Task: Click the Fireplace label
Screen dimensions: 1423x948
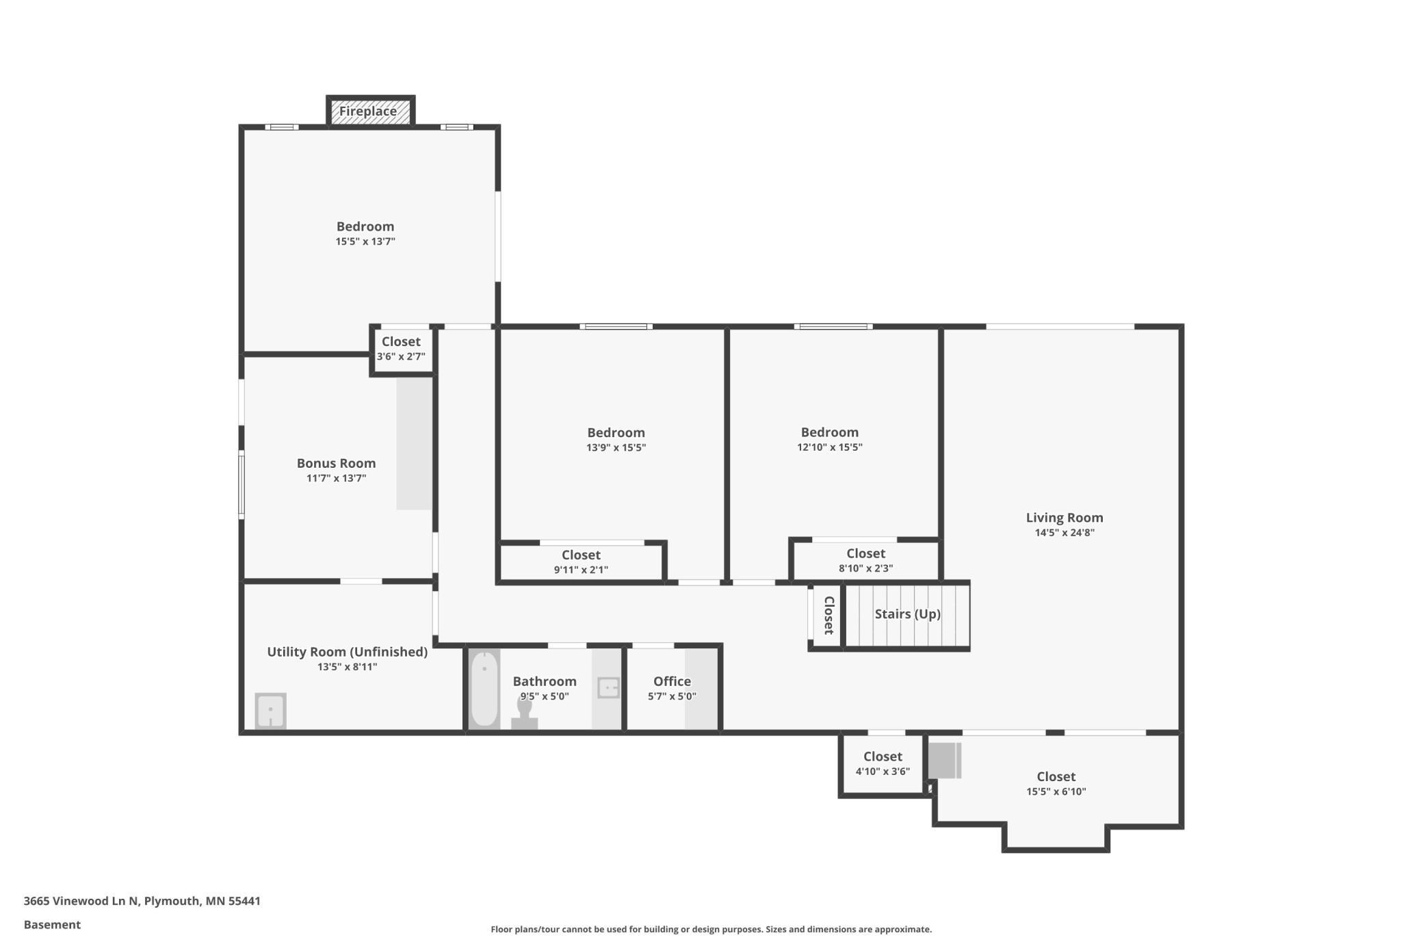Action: pos(368,111)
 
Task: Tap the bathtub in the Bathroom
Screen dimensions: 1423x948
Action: pos(484,689)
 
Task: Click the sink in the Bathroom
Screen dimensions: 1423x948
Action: pos(608,687)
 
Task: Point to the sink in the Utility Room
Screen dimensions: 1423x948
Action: pos(270,711)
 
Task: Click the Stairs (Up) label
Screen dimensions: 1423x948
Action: pos(908,614)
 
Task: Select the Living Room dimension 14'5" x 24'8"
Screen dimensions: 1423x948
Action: pos(1065,533)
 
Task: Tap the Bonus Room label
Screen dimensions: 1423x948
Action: pos(336,463)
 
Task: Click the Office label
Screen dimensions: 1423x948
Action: pos(672,681)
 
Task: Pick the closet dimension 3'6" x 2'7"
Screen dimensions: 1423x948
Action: pos(401,356)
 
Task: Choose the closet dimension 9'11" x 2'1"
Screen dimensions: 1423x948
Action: pos(581,570)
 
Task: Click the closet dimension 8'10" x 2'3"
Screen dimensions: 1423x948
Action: pos(865,568)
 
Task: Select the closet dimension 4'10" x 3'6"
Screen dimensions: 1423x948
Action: pos(883,772)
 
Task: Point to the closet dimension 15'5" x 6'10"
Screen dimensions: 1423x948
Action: pos(1056,791)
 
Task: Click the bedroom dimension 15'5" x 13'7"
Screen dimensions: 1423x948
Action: pos(365,241)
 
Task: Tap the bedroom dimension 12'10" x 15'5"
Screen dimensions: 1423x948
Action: pos(830,447)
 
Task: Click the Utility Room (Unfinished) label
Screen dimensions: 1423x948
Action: pos(348,652)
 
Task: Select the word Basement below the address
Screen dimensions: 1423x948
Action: pos(52,925)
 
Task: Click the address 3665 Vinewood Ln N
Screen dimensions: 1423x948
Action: pos(81,901)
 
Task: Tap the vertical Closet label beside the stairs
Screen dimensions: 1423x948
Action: pos(828,615)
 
